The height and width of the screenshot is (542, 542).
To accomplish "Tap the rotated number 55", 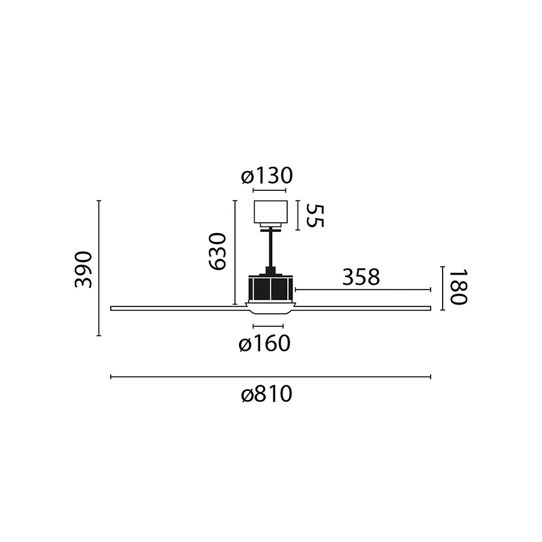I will tap(314, 216).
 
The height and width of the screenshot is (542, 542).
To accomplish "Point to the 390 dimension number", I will tap(84, 269).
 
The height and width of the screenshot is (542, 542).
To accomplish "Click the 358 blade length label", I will tap(361, 277).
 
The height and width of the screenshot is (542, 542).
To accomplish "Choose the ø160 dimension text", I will tap(264, 344).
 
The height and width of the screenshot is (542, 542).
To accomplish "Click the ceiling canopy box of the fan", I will tap(270, 212).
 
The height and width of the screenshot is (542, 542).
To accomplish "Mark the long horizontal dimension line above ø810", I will tap(270, 377).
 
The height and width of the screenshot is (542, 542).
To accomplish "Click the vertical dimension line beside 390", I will tap(99, 268).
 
